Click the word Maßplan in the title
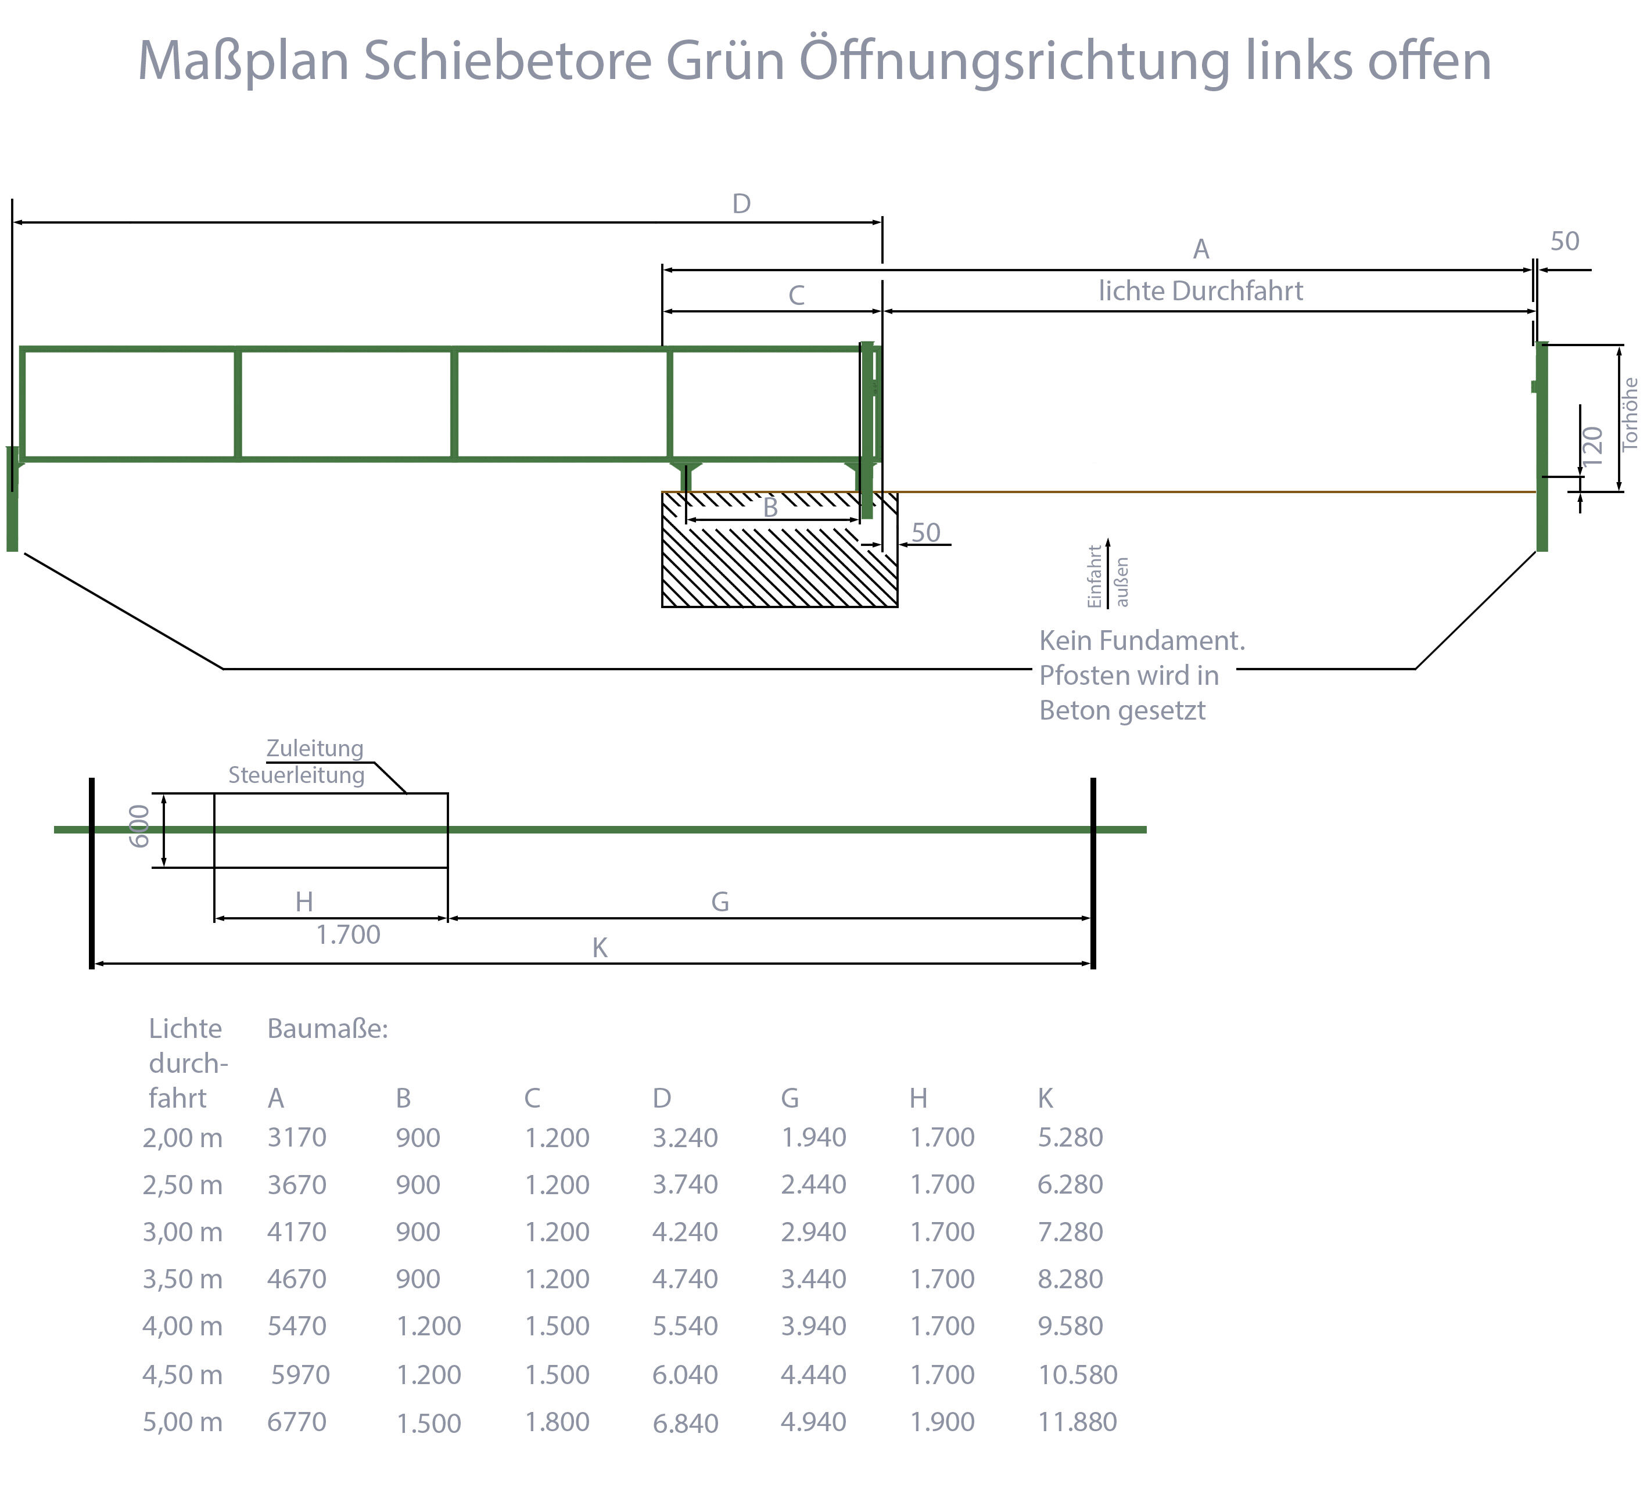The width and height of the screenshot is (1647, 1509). (243, 61)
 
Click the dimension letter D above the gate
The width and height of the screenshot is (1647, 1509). (741, 203)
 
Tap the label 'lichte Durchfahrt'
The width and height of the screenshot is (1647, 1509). (1200, 291)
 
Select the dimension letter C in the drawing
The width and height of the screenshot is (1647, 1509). (796, 295)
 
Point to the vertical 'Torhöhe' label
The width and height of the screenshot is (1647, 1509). (1630, 414)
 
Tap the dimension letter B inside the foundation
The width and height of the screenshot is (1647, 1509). (770, 508)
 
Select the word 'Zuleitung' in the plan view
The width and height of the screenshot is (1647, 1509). (314, 748)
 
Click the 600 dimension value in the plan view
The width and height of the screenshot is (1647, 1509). (139, 826)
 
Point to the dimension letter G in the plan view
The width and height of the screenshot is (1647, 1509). (720, 902)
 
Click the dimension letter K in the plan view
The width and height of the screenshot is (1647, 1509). (600, 948)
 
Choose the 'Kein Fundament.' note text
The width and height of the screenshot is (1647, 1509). (1142, 641)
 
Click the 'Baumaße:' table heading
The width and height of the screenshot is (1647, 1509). (328, 1029)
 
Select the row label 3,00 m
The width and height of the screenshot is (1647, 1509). (182, 1232)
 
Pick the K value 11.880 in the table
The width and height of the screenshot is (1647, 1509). (1077, 1421)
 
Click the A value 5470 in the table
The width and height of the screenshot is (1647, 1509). (296, 1326)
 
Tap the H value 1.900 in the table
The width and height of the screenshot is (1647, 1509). (942, 1421)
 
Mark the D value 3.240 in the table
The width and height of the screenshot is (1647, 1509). (684, 1137)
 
